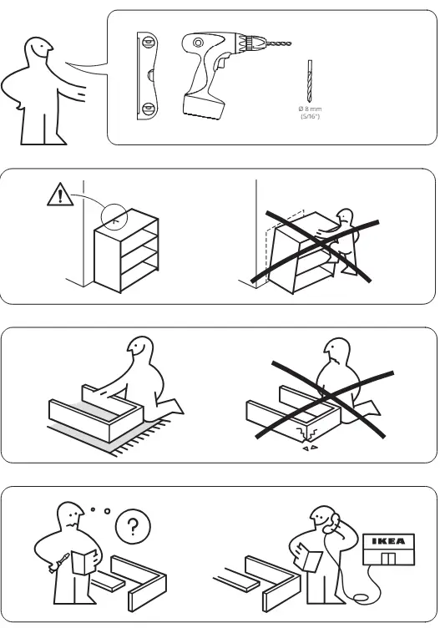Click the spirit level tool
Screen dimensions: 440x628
coord(147,76)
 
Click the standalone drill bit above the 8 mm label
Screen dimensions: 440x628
coord(310,81)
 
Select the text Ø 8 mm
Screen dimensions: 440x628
coord(310,109)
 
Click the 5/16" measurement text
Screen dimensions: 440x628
coord(311,116)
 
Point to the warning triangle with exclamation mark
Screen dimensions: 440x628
coord(60,195)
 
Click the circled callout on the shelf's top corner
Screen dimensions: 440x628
coord(114,216)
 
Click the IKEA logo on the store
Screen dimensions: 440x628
coord(388,541)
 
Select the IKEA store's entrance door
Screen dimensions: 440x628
coord(388,558)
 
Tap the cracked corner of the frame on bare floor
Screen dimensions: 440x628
coord(306,433)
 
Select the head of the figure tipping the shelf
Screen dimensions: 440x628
coord(345,217)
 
